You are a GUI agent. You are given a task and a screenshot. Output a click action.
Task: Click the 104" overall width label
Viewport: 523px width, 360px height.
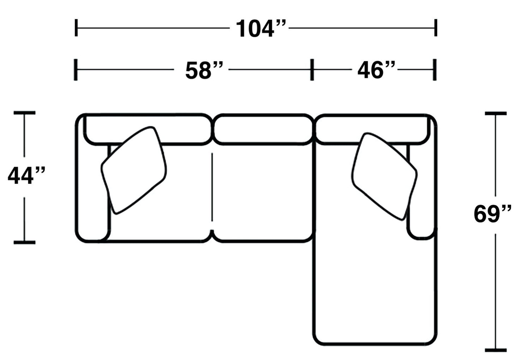(x=260, y=29)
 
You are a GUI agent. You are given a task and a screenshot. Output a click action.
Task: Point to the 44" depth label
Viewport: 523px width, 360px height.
(x=26, y=176)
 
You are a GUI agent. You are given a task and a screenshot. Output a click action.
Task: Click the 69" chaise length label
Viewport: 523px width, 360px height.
(x=493, y=214)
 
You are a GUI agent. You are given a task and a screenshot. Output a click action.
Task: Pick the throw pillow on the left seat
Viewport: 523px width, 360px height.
(x=134, y=170)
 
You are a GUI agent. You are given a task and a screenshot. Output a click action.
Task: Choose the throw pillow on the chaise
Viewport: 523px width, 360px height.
(x=384, y=176)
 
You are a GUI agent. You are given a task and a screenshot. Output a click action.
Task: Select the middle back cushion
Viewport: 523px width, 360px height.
(x=263, y=129)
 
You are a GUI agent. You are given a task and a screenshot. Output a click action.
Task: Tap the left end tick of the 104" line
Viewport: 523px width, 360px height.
(x=76, y=28)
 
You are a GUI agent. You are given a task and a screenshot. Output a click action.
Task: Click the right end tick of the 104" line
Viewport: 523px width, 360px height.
(x=436, y=28)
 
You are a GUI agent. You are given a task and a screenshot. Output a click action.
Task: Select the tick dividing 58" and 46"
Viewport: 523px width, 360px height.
(x=312, y=69)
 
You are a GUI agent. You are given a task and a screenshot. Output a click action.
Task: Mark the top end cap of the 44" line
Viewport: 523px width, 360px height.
(x=25, y=113)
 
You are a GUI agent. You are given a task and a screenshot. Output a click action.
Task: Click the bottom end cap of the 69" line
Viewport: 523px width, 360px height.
(x=495, y=350)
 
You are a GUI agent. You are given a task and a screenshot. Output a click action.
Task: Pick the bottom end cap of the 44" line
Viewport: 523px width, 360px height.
(x=25, y=242)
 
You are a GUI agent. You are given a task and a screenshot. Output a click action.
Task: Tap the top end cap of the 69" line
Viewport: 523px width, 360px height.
(x=495, y=114)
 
